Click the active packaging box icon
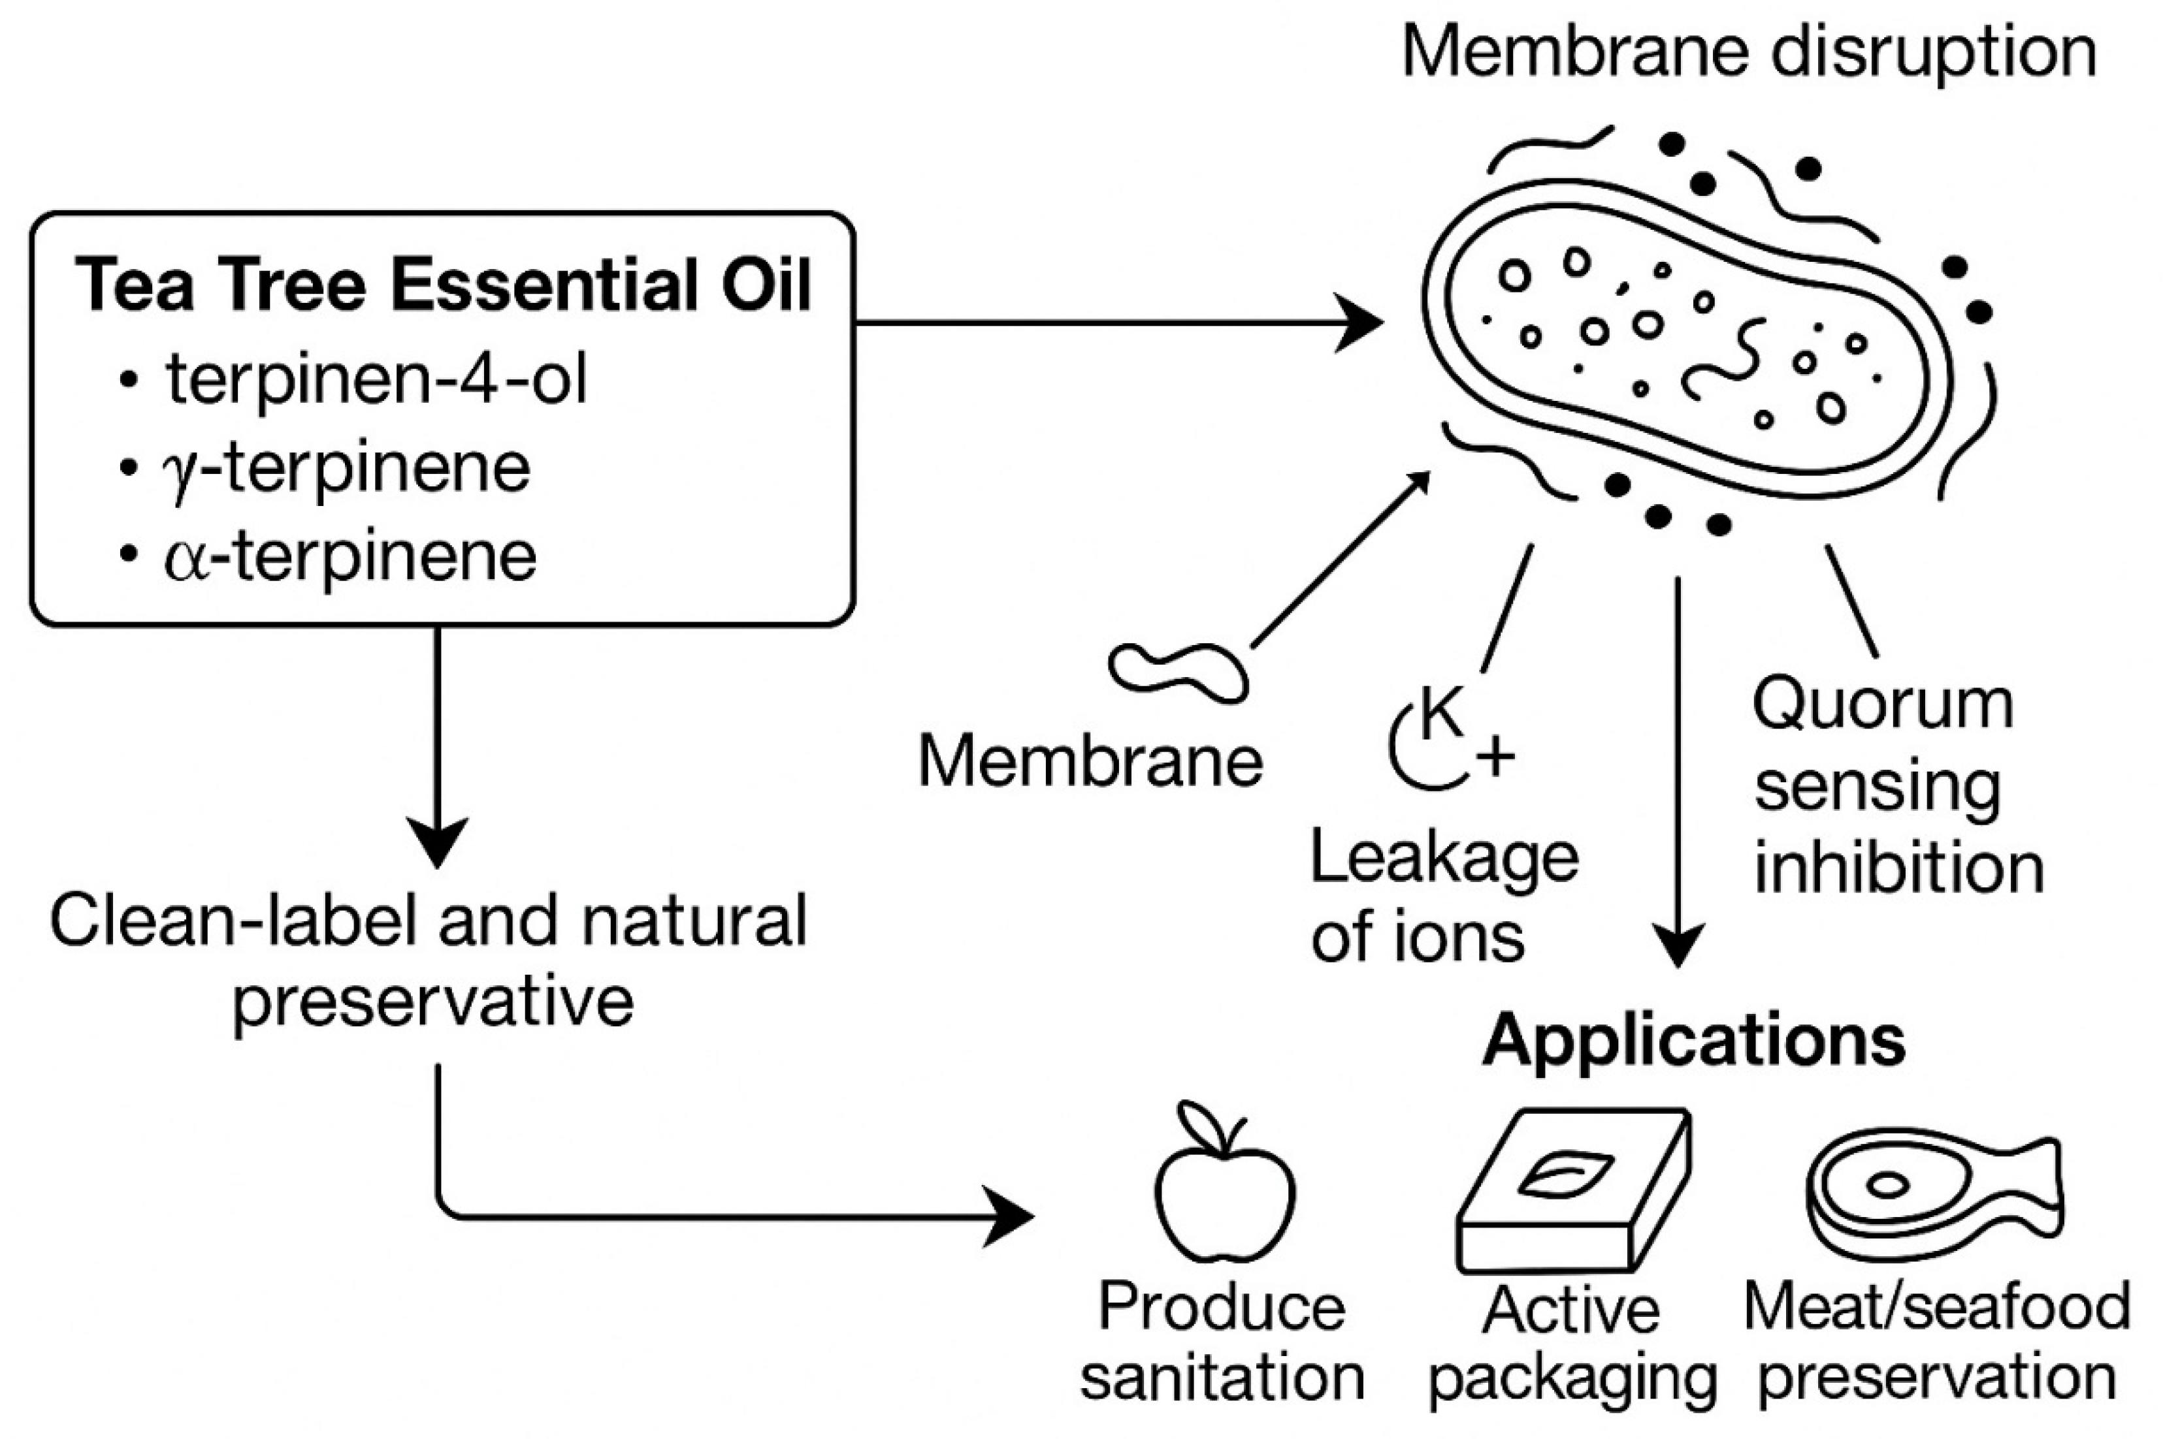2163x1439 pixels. click(x=1572, y=1191)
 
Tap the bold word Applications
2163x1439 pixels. click(x=1694, y=1041)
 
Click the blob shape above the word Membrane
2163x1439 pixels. click(x=1178, y=672)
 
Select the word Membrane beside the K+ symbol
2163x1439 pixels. click(x=1091, y=762)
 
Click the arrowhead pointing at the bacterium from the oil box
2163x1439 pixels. click(x=1359, y=322)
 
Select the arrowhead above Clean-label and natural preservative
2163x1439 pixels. click(x=437, y=841)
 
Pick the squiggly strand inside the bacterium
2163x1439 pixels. click(x=1719, y=360)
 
